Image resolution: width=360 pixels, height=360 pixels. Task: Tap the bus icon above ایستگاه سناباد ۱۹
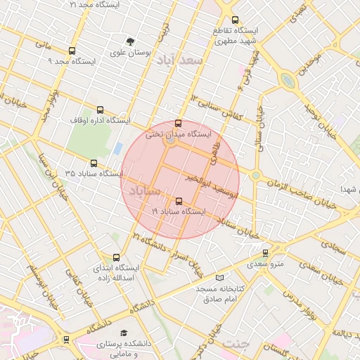(178, 201)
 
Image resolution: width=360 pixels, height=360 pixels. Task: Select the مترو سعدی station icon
(265, 253)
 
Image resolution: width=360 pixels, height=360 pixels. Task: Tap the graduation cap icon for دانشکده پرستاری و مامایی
(124, 333)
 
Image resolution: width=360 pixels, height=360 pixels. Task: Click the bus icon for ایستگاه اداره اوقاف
(100, 110)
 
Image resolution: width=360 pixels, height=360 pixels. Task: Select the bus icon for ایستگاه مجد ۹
(72, 51)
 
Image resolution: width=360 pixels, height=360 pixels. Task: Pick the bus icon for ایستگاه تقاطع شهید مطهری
(235, 20)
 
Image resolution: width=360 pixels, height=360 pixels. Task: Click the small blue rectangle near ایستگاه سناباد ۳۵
(117, 148)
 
